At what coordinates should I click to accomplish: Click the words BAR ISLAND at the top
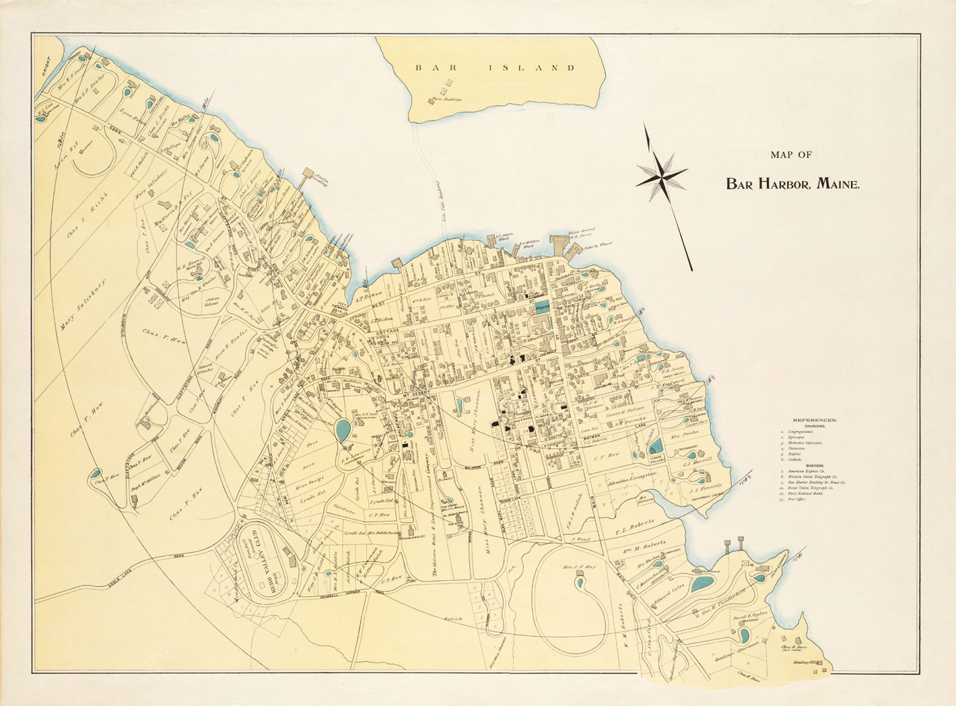point(495,68)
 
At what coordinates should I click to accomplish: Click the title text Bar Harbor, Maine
point(792,184)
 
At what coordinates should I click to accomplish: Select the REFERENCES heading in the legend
point(815,420)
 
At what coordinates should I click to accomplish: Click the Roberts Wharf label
point(598,246)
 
